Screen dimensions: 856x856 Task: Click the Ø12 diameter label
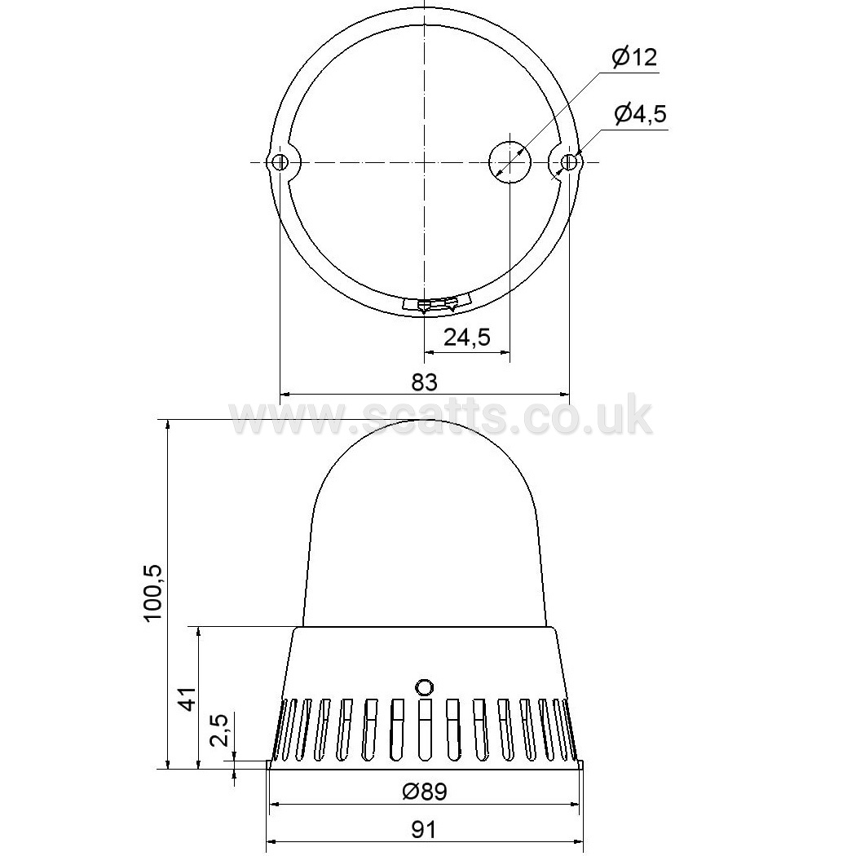click(x=634, y=57)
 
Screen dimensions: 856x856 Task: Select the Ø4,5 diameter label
click(x=640, y=114)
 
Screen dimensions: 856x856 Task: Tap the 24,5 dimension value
click(x=467, y=338)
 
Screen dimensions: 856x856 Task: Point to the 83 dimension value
click(x=424, y=382)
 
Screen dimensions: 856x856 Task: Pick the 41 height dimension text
click(x=188, y=698)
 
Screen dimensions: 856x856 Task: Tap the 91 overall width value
click(x=424, y=831)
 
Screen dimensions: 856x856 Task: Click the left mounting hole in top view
click(x=280, y=162)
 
